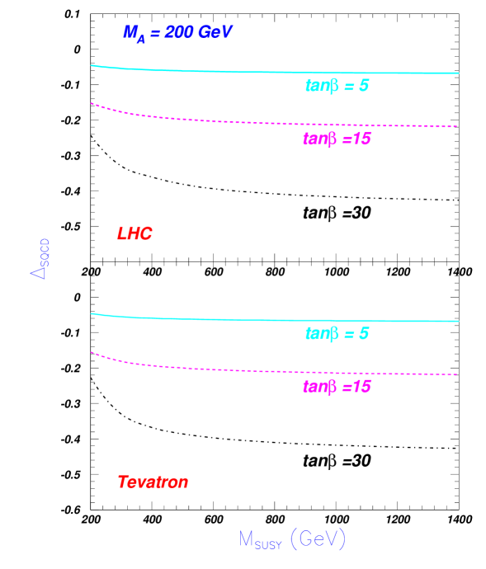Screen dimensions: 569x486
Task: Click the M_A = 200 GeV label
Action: coord(178,33)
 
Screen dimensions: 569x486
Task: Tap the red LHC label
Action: coord(134,234)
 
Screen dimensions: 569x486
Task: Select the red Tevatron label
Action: coord(153,482)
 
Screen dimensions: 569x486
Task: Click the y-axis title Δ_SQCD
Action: coord(40,259)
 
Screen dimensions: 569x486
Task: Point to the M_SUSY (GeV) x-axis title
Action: coord(292,539)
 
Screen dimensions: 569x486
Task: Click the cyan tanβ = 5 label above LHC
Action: coord(337,86)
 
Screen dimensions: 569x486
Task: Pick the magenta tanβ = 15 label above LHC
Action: coord(337,139)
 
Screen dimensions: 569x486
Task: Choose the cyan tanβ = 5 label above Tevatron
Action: coord(337,334)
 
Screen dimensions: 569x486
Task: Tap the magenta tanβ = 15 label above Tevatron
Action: coord(337,387)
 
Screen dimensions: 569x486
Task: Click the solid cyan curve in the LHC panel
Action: coord(248,71)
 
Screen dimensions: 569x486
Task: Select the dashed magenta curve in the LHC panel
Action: coord(248,123)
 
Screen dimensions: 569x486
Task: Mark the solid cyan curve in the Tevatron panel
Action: coord(248,319)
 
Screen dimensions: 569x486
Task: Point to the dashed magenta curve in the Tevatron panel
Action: coord(248,371)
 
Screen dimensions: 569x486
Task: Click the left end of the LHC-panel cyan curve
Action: coord(92,65)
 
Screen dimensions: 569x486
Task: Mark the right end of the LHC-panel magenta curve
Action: coord(456,126)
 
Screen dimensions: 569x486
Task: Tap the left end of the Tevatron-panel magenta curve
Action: coord(92,352)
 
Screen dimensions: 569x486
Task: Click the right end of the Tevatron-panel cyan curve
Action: coord(458,321)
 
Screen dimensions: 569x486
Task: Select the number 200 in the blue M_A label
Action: coord(179,33)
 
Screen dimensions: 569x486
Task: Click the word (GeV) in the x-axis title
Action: coord(318,539)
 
